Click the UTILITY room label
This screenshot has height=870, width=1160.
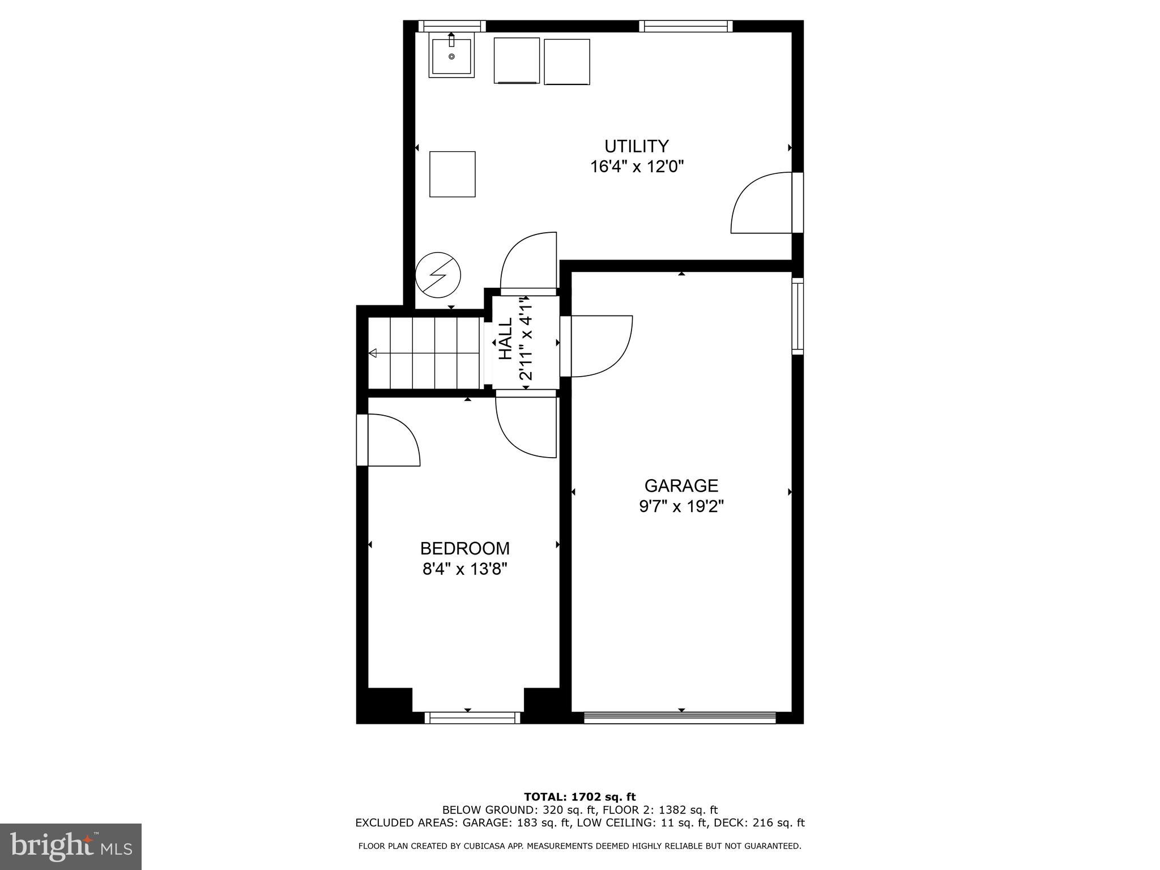pos(637,147)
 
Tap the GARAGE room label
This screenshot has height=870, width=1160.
pos(681,486)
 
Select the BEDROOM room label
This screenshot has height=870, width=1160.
pos(464,548)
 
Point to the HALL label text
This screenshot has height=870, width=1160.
pos(505,339)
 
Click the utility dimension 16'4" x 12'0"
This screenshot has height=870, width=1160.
pos(637,167)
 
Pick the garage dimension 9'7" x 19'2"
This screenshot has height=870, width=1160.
pos(681,506)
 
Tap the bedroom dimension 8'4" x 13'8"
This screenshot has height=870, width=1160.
pos(464,569)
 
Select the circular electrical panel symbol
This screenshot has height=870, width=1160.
pos(438,275)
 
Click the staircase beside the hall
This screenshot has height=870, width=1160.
pos(425,353)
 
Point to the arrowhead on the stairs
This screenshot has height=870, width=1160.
pos(373,353)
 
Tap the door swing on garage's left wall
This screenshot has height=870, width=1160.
pos(600,346)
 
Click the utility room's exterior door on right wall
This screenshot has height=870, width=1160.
pos(762,203)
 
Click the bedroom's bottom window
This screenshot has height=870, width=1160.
pos(472,718)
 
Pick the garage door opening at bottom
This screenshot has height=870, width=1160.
pos(680,718)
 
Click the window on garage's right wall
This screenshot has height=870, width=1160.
pos(797,316)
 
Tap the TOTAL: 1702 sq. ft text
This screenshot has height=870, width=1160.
pos(579,797)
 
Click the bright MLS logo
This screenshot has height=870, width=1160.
pos(71,847)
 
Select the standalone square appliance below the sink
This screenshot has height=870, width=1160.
pos(452,174)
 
